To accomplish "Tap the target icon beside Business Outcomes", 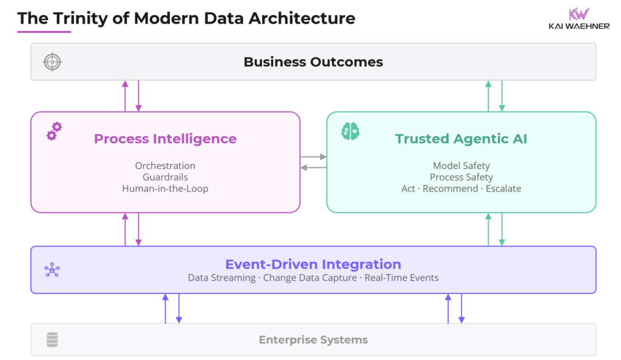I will click(x=52, y=62).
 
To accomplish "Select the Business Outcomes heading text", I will click(x=313, y=62).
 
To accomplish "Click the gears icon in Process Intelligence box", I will click(x=54, y=131).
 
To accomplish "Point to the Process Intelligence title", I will click(x=165, y=139).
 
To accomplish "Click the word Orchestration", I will click(x=165, y=165).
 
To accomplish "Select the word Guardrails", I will click(x=165, y=177).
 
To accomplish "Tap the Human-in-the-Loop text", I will click(x=165, y=188).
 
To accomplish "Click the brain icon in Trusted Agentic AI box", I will click(x=350, y=131).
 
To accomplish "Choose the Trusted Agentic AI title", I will click(x=461, y=139).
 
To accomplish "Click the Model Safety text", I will click(x=461, y=165).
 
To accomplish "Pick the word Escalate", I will click(x=503, y=188).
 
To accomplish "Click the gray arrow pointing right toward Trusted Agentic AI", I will click(x=313, y=157).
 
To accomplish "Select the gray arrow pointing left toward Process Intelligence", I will click(x=313, y=167).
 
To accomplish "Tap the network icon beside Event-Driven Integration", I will click(x=52, y=270).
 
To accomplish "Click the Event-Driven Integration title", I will click(x=313, y=264).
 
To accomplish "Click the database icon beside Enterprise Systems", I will click(x=52, y=340).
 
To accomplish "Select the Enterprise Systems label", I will click(x=313, y=340).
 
